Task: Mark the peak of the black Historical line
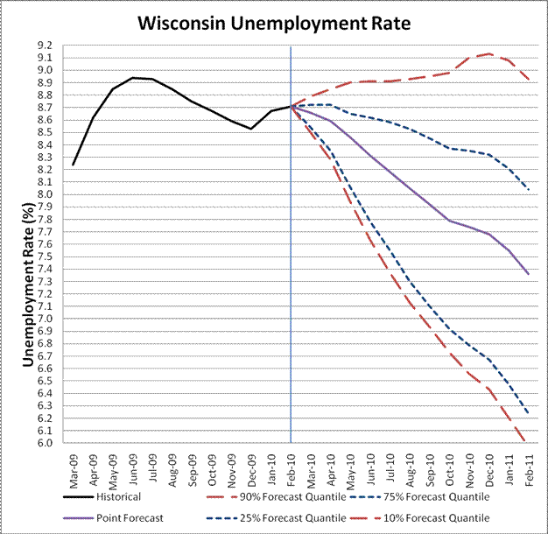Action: pos(133,77)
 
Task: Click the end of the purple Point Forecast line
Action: pos(528,274)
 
